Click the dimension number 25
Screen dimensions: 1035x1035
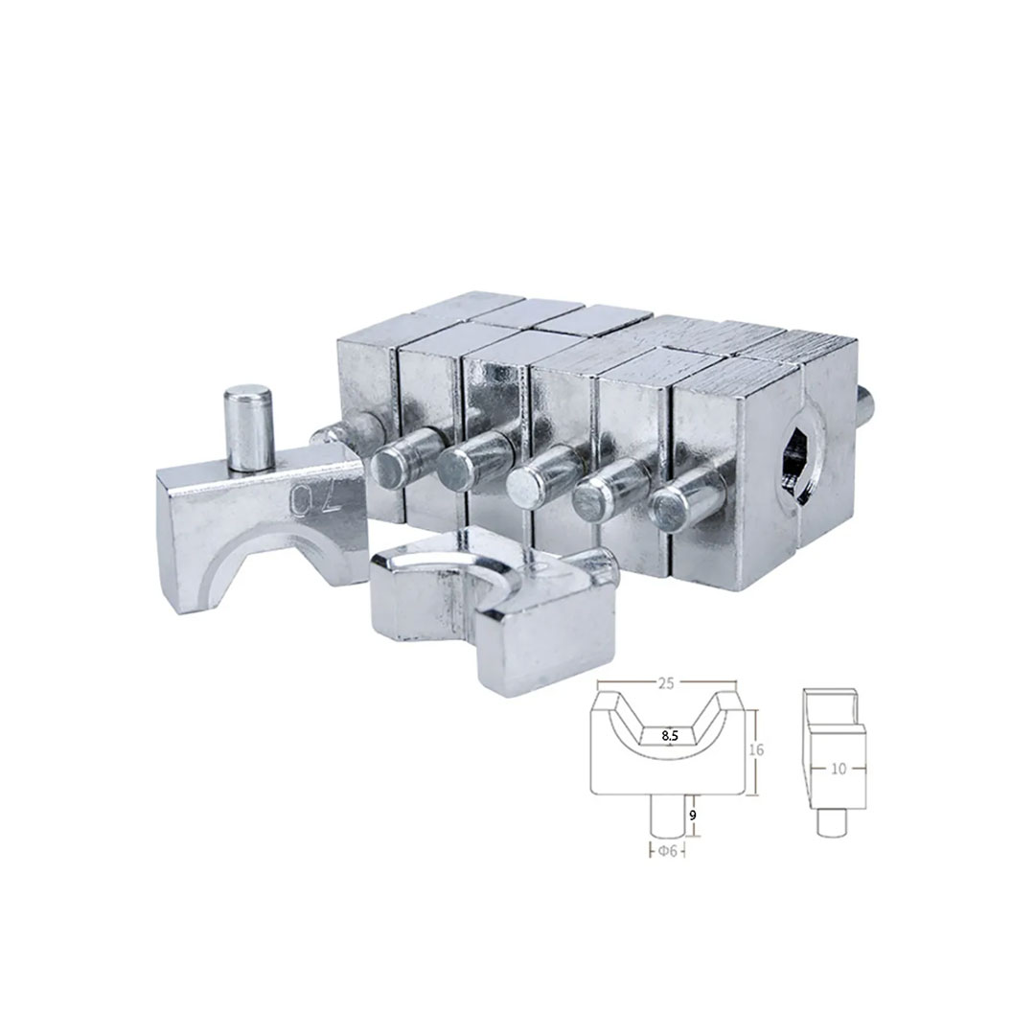click(665, 684)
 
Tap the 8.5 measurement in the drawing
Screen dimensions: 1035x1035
click(669, 735)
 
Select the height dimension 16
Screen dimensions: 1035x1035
click(756, 749)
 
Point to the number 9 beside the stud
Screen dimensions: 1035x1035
click(693, 816)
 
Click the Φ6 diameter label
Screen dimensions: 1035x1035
click(667, 852)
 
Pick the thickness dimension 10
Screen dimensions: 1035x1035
click(839, 769)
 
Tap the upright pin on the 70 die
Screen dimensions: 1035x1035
click(247, 429)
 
